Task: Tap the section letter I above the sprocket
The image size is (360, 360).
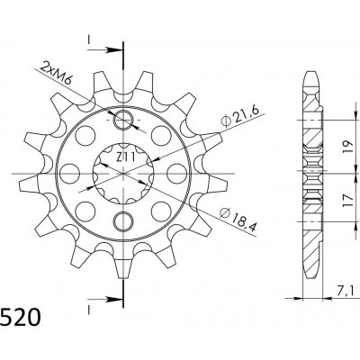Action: click(90, 39)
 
